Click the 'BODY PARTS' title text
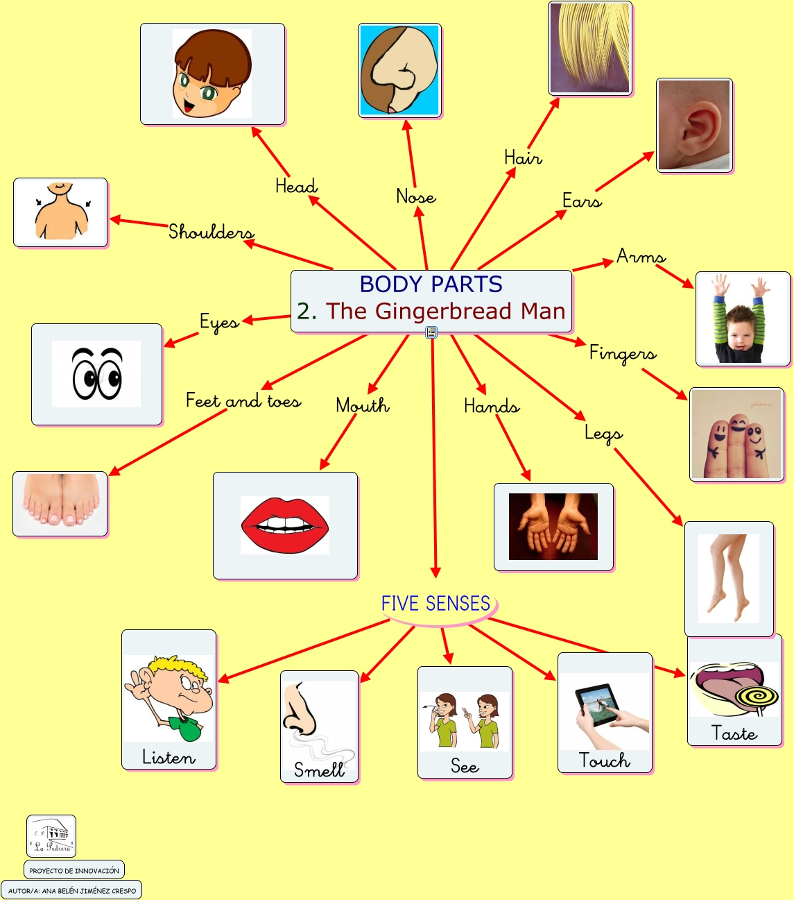click(x=431, y=285)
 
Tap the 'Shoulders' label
click(x=211, y=232)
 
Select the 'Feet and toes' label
click(x=243, y=401)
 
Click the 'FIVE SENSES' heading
click(x=435, y=604)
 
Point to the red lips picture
click(x=285, y=525)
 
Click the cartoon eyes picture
click(x=97, y=374)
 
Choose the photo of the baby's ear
click(x=694, y=126)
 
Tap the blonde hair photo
click(x=590, y=48)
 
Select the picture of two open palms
click(x=553, y=527)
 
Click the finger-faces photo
click(x=736, y=434)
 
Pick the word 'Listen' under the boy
click(x=169, y=757)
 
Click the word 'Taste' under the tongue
click(x=734, y=733)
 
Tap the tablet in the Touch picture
click(x=598, y=705)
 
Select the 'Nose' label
click(x=416, y=197)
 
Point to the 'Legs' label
click(x=603, y=434)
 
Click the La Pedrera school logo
click(x=51, y=836)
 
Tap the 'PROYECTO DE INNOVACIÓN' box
click(x=74, y=870)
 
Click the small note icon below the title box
click(x=431, y=332)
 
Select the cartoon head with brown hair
click(x=212, y=74)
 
